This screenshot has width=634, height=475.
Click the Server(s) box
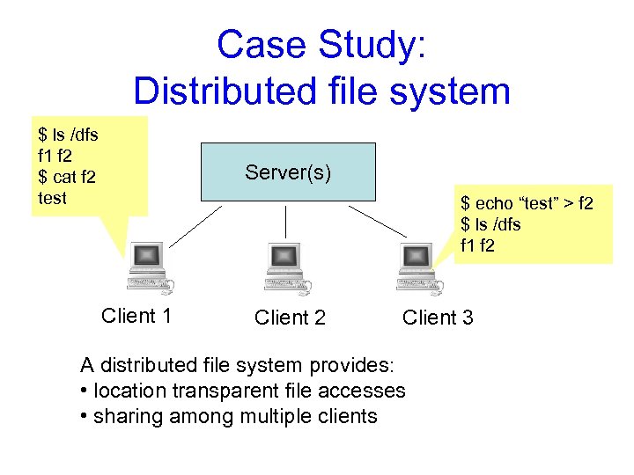[287, 172]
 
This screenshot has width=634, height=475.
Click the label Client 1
[136, 316]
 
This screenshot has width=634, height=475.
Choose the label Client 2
[290, 318]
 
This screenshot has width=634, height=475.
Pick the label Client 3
[438, 318]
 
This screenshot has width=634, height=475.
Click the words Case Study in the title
[321, 45]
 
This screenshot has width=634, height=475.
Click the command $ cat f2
[67, 177]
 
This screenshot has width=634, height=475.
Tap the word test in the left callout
[53, 198]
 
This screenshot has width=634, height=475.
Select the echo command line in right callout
[527, 204]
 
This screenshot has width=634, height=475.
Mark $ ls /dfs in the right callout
[490, 224]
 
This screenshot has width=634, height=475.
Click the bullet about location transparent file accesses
[242, 391]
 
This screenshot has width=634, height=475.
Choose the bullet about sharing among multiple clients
[228, 416]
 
